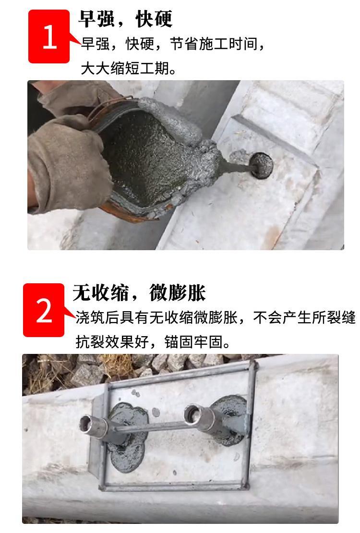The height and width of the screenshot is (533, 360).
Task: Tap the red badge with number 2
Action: [44, 310]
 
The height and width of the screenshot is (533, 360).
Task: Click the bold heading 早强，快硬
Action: [125, 19]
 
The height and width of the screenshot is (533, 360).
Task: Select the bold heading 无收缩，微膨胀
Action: [139, 292]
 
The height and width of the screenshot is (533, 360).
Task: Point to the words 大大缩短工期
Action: [125, 68]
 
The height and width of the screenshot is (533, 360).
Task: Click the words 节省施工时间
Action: [214, 44]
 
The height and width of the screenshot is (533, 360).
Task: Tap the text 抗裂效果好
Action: [112, 342]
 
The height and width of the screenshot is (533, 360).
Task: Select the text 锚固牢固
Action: [193, 342]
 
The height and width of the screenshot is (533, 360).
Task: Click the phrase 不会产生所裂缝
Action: [304, 317]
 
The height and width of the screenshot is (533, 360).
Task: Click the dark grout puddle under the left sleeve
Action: [128, 438]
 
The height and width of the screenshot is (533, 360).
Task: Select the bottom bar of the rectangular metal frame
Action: [173, 486]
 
